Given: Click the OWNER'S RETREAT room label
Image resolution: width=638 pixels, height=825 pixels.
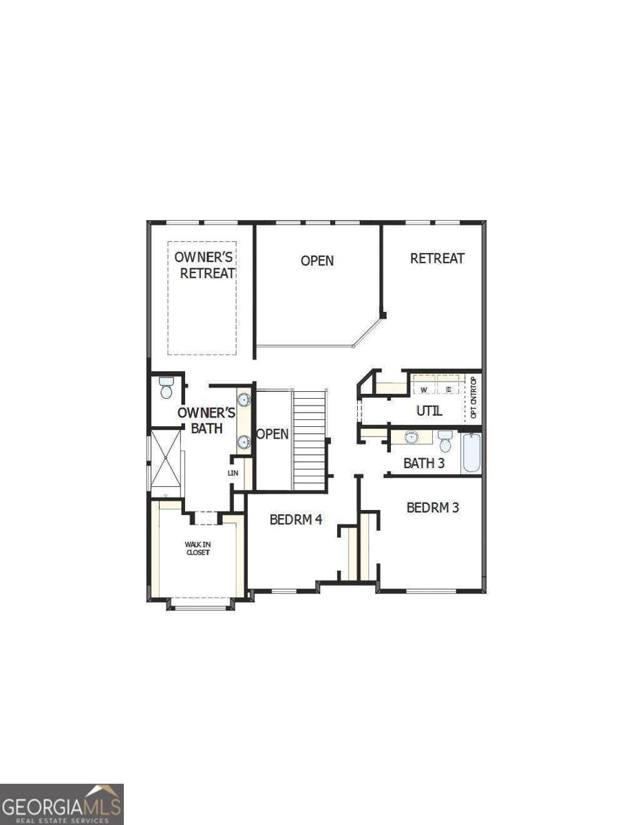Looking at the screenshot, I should point(204,265).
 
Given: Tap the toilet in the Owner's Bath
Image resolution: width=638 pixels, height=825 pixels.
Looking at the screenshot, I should point(166,388).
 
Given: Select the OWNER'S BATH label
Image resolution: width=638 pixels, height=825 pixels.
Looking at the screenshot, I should point(207,420).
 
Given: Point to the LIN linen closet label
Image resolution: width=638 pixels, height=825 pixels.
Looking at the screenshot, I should point(234,473).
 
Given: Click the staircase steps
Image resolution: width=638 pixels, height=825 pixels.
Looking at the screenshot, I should point(309,440).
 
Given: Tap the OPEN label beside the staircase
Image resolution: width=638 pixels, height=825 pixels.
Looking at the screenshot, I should point(273,434).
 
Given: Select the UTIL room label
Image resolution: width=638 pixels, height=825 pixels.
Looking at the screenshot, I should point(429,411).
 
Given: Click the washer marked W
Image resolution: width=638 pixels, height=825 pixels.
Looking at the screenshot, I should point(424,390).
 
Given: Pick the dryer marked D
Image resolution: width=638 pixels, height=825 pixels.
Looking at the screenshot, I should point(448,390).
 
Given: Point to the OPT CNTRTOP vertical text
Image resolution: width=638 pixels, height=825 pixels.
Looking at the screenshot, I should point(474,399).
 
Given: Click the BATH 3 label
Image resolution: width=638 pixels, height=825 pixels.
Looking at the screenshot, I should point(424,463).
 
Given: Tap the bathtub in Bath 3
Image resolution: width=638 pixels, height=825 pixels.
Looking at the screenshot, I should point(471,453).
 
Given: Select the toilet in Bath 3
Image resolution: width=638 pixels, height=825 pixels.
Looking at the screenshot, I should point(445,440).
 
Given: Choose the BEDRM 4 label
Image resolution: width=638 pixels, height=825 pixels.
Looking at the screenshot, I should point(296,520).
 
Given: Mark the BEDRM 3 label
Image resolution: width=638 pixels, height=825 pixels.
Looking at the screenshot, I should point(433,508).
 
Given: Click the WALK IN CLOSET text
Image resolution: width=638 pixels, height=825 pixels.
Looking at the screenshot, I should point(198,548).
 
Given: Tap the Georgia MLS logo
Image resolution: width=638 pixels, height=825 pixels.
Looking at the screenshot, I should point(62,804).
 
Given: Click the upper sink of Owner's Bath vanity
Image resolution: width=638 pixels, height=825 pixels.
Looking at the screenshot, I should point(244,399).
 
